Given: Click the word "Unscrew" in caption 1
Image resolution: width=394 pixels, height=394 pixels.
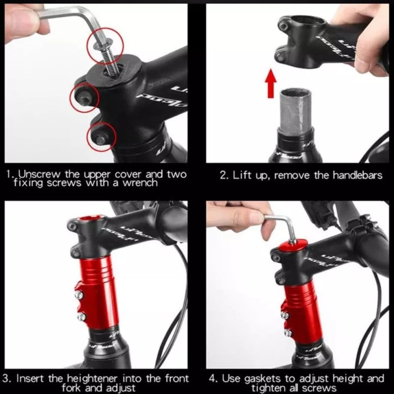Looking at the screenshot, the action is pos(39,174).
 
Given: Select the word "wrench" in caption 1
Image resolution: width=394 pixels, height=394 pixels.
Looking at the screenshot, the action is pos(140,183).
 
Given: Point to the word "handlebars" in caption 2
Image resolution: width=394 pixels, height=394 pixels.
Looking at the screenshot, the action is pos(357,175).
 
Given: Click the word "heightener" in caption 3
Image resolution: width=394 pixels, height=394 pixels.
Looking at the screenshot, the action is pos(92,378).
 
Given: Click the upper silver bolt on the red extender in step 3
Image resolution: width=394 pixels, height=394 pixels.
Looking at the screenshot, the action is pos(79,295).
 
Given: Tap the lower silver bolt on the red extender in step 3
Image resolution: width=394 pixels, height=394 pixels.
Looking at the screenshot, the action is pos(81,317).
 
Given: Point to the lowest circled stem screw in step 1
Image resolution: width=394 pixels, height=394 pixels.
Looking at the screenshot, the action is pos(101,138).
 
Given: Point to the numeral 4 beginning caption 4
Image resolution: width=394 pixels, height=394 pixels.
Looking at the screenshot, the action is pos(212,378).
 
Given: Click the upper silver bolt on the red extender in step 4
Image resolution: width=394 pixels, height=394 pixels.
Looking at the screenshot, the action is pos(285,315).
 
